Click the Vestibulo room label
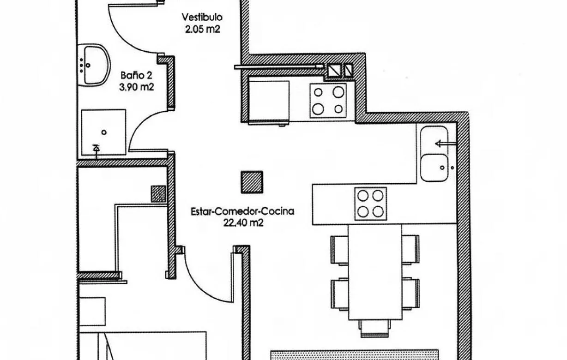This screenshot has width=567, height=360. [x=202, y=18]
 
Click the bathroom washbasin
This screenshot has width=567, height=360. [x=94, y=65]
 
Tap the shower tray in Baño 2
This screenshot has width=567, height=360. [x=104, y=132]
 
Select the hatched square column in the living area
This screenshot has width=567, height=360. [x=252, y=181]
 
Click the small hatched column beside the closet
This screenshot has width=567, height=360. [x=158, y=194]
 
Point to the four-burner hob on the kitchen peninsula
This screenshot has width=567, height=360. [x=371, y=204]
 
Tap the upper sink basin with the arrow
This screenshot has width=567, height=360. [x=434, y=139]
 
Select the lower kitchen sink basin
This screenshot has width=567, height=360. [x=434, y=167]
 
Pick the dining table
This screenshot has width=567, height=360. [x=375, y=272]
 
